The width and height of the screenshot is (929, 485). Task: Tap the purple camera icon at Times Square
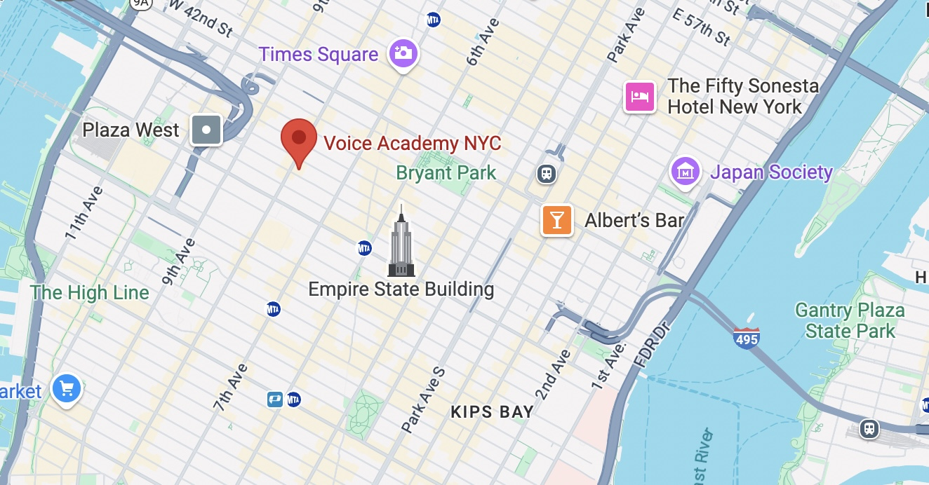(403, 53)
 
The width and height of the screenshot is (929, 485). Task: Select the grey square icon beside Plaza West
(206, 130)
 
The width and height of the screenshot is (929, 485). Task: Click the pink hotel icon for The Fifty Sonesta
(640, 96)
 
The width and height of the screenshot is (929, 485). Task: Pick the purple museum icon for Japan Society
(686, 171)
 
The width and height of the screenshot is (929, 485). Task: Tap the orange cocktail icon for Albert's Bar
(557, 221)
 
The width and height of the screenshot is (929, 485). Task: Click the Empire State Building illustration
(401, 242)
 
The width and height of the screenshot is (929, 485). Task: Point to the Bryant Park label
(446, 172)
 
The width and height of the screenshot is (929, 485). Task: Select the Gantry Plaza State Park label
(850, 320)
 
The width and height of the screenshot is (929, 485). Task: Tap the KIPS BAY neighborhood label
(492, 412)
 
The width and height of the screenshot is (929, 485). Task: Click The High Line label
(90, 292)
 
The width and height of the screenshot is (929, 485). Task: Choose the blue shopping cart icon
(67, 388)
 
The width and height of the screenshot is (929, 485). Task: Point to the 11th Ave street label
(84, 212)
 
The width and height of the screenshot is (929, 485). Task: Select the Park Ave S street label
(424, 397)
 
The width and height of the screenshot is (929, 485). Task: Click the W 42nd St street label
(201, 18)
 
